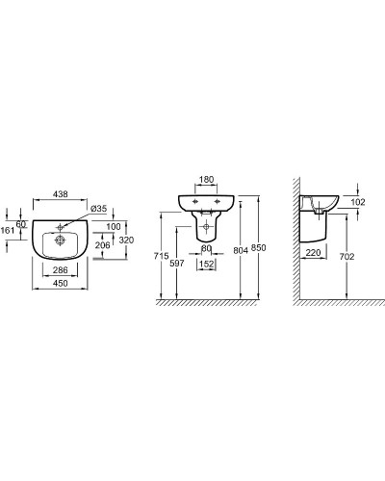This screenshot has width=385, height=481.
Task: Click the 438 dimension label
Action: coord(61,194)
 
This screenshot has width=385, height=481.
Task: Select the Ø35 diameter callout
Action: coord(99,209)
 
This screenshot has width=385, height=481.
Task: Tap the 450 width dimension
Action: coord(61,284)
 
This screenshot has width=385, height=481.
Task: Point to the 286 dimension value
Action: coord(61,270)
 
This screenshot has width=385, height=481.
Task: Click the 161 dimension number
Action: coord(8,230)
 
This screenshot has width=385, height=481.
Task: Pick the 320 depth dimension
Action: coord(126,240)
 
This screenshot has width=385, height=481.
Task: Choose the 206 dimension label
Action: coord(102,245)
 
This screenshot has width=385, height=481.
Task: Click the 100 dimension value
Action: coord(114,226)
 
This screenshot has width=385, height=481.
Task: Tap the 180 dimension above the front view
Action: coord(206,180)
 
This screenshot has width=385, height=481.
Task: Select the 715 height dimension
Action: coord(161,256)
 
